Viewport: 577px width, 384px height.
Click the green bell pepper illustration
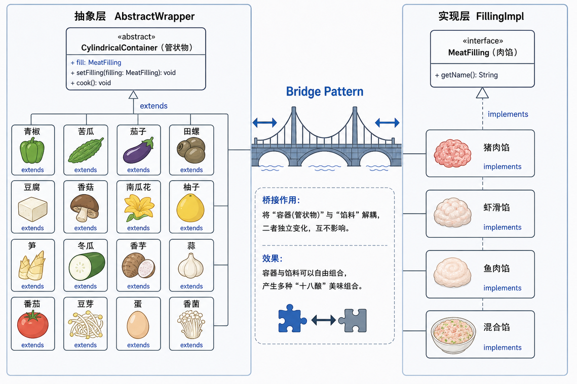pyautogui.click(x=32, y=150)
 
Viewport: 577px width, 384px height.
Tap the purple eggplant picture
pyautogui.click(x=138, y=150)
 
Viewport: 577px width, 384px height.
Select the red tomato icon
pyautogui.click(x=33, y=324)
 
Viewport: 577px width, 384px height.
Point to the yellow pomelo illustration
pyautogui.click(x=190, y=208)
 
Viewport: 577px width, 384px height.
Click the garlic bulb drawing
pyautogui.click(x=190, y=265)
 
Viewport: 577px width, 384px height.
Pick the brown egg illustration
pyautogui.click(x=138, y=325)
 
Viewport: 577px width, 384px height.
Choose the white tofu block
pyautogui.click(x=32, y=209)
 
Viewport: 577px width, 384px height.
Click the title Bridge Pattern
pyautogui.click(x=325, y=92)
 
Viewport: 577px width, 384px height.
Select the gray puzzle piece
pyautogui.click(x=353, y=320)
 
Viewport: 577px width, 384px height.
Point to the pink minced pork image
pyautogui.click(x=452, y=153)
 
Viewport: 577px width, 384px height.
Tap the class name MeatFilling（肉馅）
pyautogui.click(x=482, y=53)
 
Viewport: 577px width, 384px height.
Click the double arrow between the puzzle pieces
pyautogui.click(x=324, y=320)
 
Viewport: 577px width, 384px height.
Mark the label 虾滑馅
pyautogui.click(x=496, y=207)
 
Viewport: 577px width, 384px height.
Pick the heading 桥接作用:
pyautogui.click(x=281, y=200)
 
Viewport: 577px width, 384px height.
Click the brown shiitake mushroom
pyautogui.click(x=85, y=208)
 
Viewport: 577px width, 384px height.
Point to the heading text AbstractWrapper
pyautogui.click(x=155, y=17)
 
